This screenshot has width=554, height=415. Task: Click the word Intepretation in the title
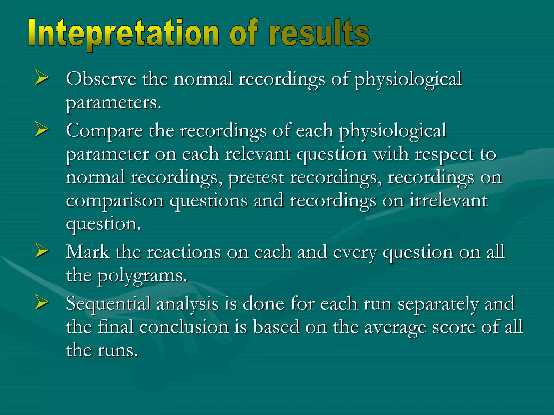pos(123,34)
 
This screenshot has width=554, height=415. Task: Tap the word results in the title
pos(319,34)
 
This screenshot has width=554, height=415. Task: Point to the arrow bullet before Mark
pos(42,251)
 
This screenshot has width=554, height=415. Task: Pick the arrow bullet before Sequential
pos(42,303)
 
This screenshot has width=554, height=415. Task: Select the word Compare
pos(104,131)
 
